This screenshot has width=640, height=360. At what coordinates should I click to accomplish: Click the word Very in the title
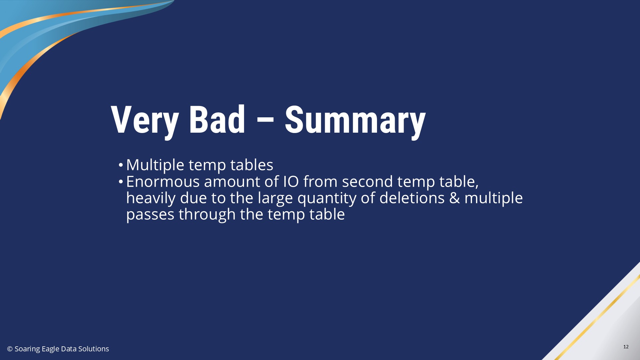point(145,120)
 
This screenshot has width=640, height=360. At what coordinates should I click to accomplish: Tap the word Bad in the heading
point(217,120)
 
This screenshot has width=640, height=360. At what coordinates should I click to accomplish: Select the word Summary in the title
point(355,121)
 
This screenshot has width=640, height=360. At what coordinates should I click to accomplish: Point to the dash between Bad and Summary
point(265,120)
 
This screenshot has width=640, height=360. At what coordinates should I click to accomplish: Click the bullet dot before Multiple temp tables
point(121,165)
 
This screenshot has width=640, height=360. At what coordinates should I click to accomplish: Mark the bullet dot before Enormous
point(121,181)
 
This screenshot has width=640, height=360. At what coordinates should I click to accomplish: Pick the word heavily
point(151,198)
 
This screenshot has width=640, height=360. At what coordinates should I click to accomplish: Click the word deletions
point(412,198)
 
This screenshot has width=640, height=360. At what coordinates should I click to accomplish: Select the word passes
point(150,214)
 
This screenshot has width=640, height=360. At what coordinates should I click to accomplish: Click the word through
point(207,214)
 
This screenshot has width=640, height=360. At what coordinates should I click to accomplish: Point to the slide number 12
point(626,347)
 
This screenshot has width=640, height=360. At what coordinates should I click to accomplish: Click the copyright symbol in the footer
point(10,349)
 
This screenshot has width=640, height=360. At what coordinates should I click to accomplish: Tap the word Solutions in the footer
point(94,349)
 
